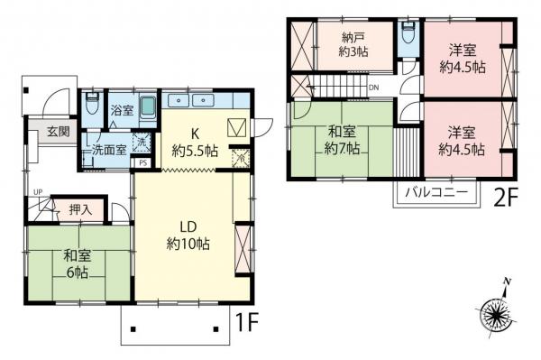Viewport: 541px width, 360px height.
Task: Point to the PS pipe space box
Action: point(143,162)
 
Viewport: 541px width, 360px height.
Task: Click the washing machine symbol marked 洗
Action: point(141,142)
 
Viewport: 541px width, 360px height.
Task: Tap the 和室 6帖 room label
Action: point(76,263)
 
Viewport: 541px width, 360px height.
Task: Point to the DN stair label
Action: point(374,88)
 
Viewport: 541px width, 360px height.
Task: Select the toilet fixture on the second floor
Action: point(408,32)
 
